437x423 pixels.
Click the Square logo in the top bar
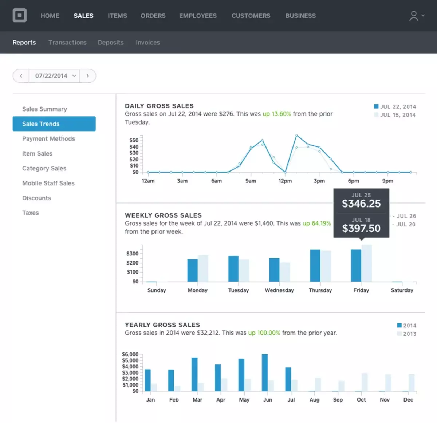(x=20, y=16)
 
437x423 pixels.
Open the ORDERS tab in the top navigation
(x=153, y=16)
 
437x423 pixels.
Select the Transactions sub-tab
(x=67, y=43)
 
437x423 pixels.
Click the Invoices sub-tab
(x=147, y=43)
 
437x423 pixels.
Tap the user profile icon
(x=414, y=16)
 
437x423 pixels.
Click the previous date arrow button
(x=21, y=76)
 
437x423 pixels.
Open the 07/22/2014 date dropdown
(x=55, y=76)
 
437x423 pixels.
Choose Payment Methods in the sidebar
(x=48, y=139)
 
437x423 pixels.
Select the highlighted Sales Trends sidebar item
(x=54, y=124)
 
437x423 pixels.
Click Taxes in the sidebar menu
(x=31, y=213)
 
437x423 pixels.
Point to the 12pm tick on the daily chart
(x=285, y=181)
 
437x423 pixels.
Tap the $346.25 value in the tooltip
(x=361, y=204)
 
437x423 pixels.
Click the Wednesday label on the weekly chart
(x=279, y=290)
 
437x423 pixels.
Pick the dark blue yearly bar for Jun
(x=265, y=372)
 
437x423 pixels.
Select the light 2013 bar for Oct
(x=365, y=382)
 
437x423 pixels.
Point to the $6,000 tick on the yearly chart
(x=130, y=354)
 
